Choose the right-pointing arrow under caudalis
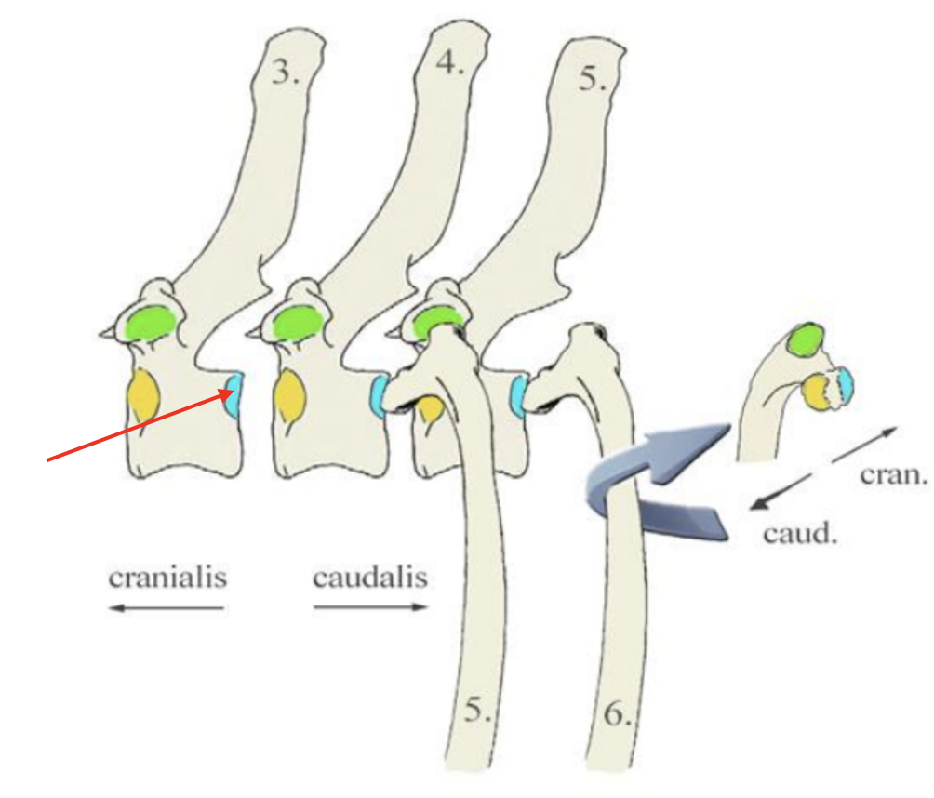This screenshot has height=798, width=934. (370, 608)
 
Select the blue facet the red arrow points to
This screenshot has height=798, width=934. (233, 392)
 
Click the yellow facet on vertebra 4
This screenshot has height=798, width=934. (289, 400)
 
